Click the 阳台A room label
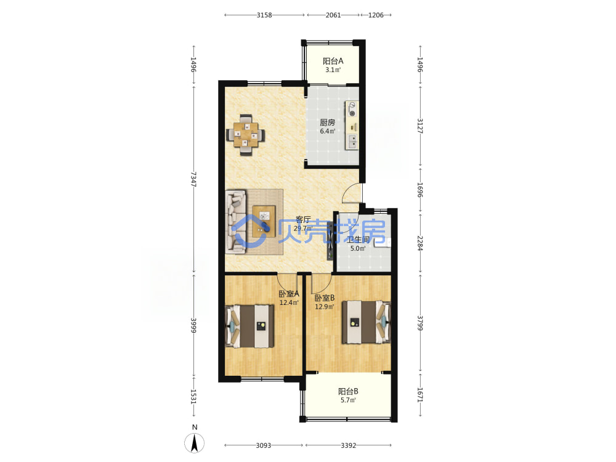[333, 61]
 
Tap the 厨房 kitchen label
[327, 122]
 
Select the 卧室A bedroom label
[289, 293]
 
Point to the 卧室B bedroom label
[325, 298]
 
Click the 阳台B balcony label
[348, 391]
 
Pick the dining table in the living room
[246, 135]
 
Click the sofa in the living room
[236, 221]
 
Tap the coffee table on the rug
[264, 221]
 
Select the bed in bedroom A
[249, 326]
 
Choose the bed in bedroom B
[366, 322]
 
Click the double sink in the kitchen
[352, 142]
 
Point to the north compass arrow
[194, 444]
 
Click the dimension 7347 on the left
[193, 179]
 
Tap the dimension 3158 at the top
[264, 15]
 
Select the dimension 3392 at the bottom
[349, 445]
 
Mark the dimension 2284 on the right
[419, 243]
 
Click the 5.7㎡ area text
[348, 400]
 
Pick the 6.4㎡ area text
[327, 131]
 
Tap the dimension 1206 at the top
[376, 15]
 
